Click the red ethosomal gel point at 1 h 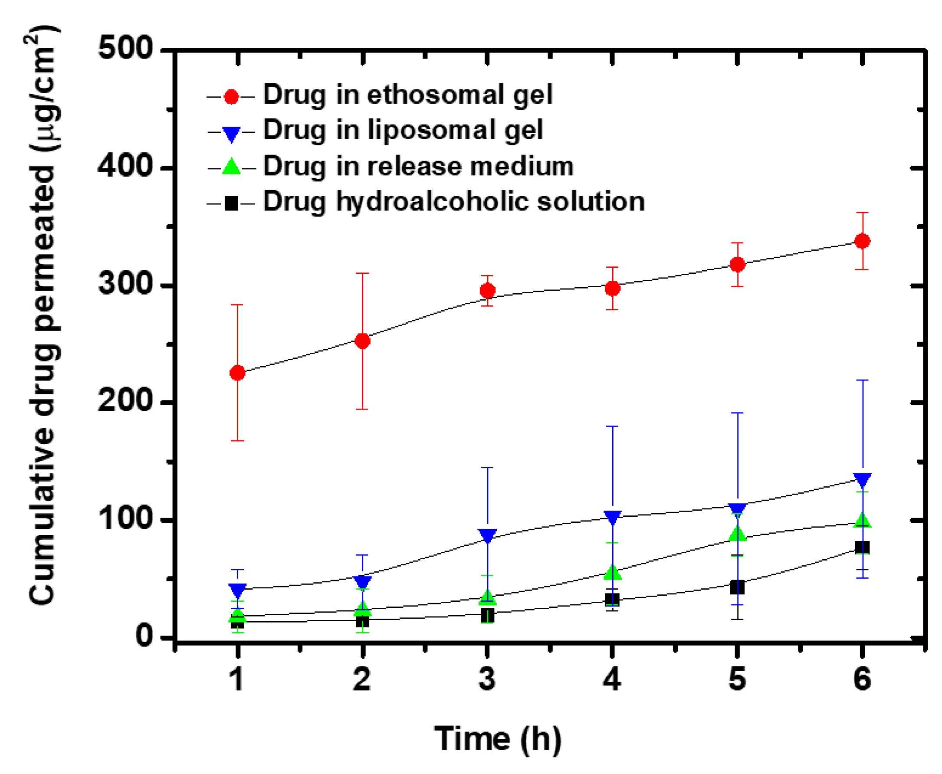[237, 372]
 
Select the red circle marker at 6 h [862, 241]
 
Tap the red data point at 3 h [487, 291]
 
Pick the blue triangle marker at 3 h [487, 535]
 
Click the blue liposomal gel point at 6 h [862, 479]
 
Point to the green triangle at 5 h [737, 534]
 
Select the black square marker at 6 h [862, 547]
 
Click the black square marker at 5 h [737, 587]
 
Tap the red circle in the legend [231, 96]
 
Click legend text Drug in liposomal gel [403, 130]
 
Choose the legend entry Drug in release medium [418, 166]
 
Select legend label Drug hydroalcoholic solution [453, 201]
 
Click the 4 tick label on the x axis [612, 679]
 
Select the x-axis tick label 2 [362, 679]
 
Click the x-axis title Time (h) [498, 739]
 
